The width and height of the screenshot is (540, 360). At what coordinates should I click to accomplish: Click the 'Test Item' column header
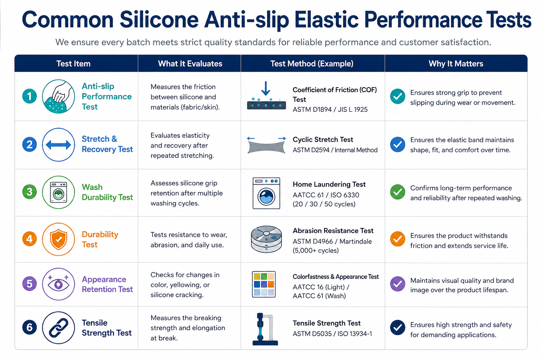click(x=73, y=64)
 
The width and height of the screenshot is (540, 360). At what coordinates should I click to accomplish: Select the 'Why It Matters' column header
click(x=456, y=64)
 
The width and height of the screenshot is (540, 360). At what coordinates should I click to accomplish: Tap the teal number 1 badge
click(x=30, y=96)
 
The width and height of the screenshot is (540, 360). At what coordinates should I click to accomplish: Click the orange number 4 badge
click(x=30, y=239)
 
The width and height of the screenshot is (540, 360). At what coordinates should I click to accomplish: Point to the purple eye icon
click(x=58, y=284)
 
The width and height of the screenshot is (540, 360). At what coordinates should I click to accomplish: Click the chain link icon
click(x=58, y=328)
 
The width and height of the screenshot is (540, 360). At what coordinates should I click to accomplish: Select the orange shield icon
click(x=58, y=239)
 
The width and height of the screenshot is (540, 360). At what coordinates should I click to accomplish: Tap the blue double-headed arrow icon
click(x=58, y=145)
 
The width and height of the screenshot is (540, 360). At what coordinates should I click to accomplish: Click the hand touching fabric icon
click(x=58, y=96)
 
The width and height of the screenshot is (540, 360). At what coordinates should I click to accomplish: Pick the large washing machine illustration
click(x=266, y=193)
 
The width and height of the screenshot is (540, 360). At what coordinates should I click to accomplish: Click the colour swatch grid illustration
click(x=264, y=284)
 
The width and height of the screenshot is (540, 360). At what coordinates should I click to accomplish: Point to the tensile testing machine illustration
click(x=265, y=329)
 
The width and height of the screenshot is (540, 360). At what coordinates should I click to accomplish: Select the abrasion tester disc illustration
click(x=266, y=239)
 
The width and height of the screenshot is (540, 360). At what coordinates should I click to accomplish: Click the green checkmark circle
click(x=398, y=192)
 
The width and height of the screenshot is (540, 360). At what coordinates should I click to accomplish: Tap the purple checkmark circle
click(x=398, y=284)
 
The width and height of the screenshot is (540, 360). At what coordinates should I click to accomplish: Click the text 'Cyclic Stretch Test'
click(x=323, y=139)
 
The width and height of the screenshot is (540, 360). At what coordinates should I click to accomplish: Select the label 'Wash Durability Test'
click(x=107, y=192)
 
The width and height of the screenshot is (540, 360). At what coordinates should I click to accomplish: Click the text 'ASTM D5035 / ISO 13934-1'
click(x=332, y=334)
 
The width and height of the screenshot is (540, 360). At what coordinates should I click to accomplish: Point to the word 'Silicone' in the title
click(x=159, y=19)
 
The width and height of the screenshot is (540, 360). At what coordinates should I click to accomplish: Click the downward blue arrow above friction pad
click(x=266, y=88)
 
